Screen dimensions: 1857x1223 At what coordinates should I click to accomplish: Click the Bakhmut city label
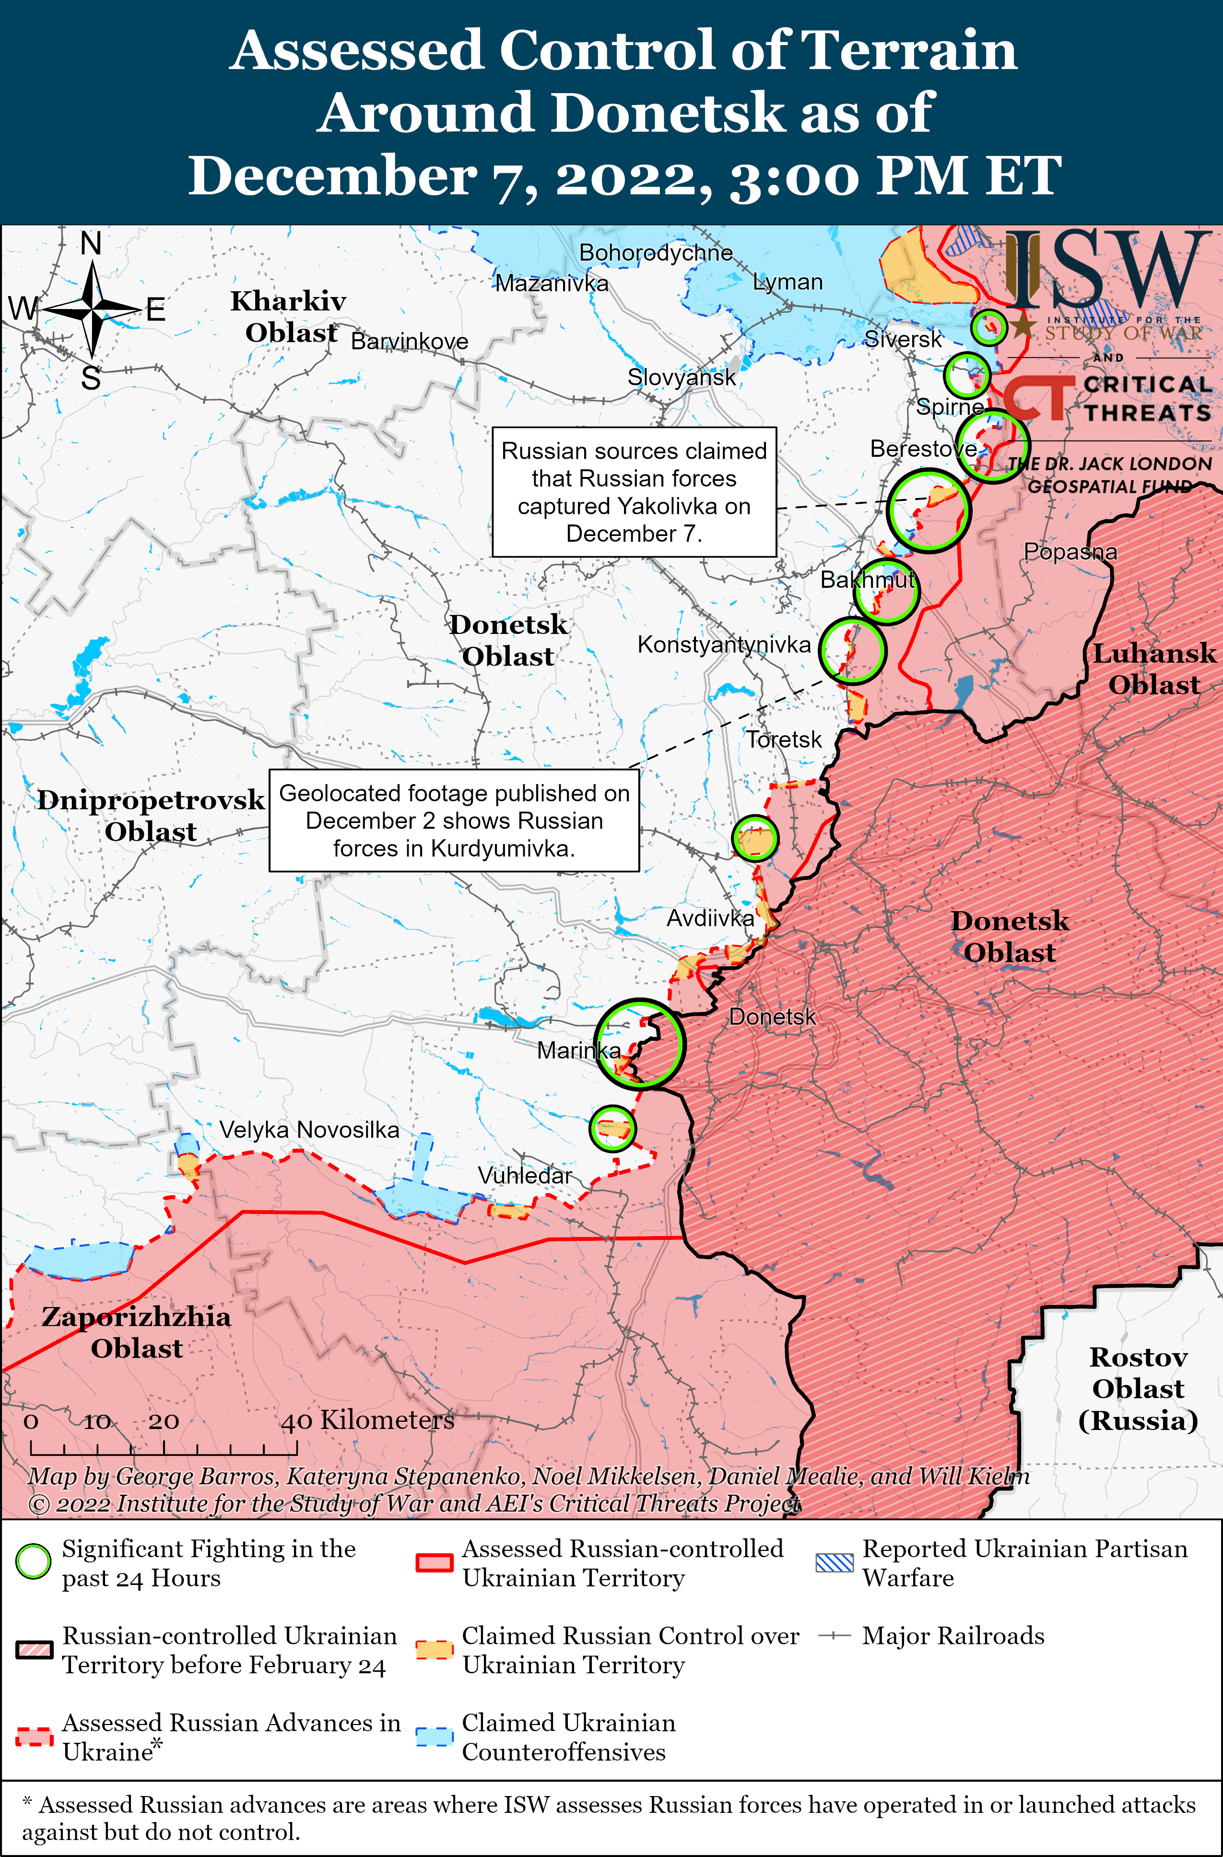click(x=867, y=580)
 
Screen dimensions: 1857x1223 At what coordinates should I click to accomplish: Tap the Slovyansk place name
click(x=681, y=378)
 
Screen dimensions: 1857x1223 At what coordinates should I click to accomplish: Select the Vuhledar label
click(x=525, y=1175)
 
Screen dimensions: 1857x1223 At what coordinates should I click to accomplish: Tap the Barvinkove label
click(x=410, y=341)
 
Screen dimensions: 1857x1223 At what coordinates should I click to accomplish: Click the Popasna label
click(x=1070, y=552)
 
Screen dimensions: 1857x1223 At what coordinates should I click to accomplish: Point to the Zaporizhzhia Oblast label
click(x=137, y=1332)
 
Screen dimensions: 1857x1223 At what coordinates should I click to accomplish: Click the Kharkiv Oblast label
click(x=289, y=316)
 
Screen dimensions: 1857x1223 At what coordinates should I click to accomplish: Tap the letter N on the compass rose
click(x=91, y=243)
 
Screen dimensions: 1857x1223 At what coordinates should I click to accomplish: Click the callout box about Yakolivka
click(x=634, y=491)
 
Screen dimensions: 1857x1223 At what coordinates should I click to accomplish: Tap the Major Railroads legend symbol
click(x=834, y=1635)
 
